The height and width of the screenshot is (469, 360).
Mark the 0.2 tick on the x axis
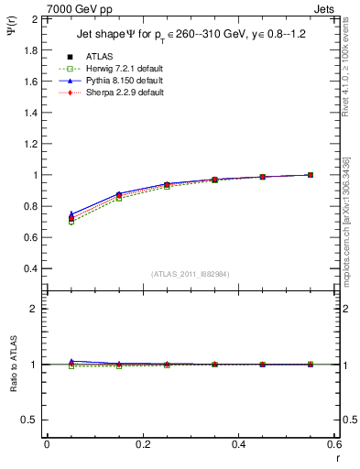pyautogui.click(x=142, y=446)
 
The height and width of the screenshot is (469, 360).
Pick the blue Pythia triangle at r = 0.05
pyautogui.click(x=71, y=213)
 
